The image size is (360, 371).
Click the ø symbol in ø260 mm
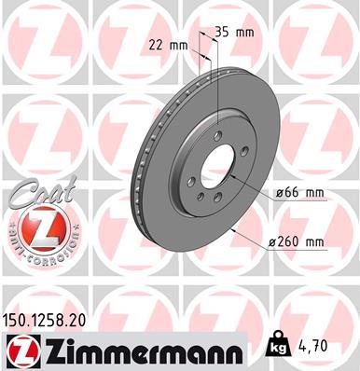(x=270, y=242)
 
